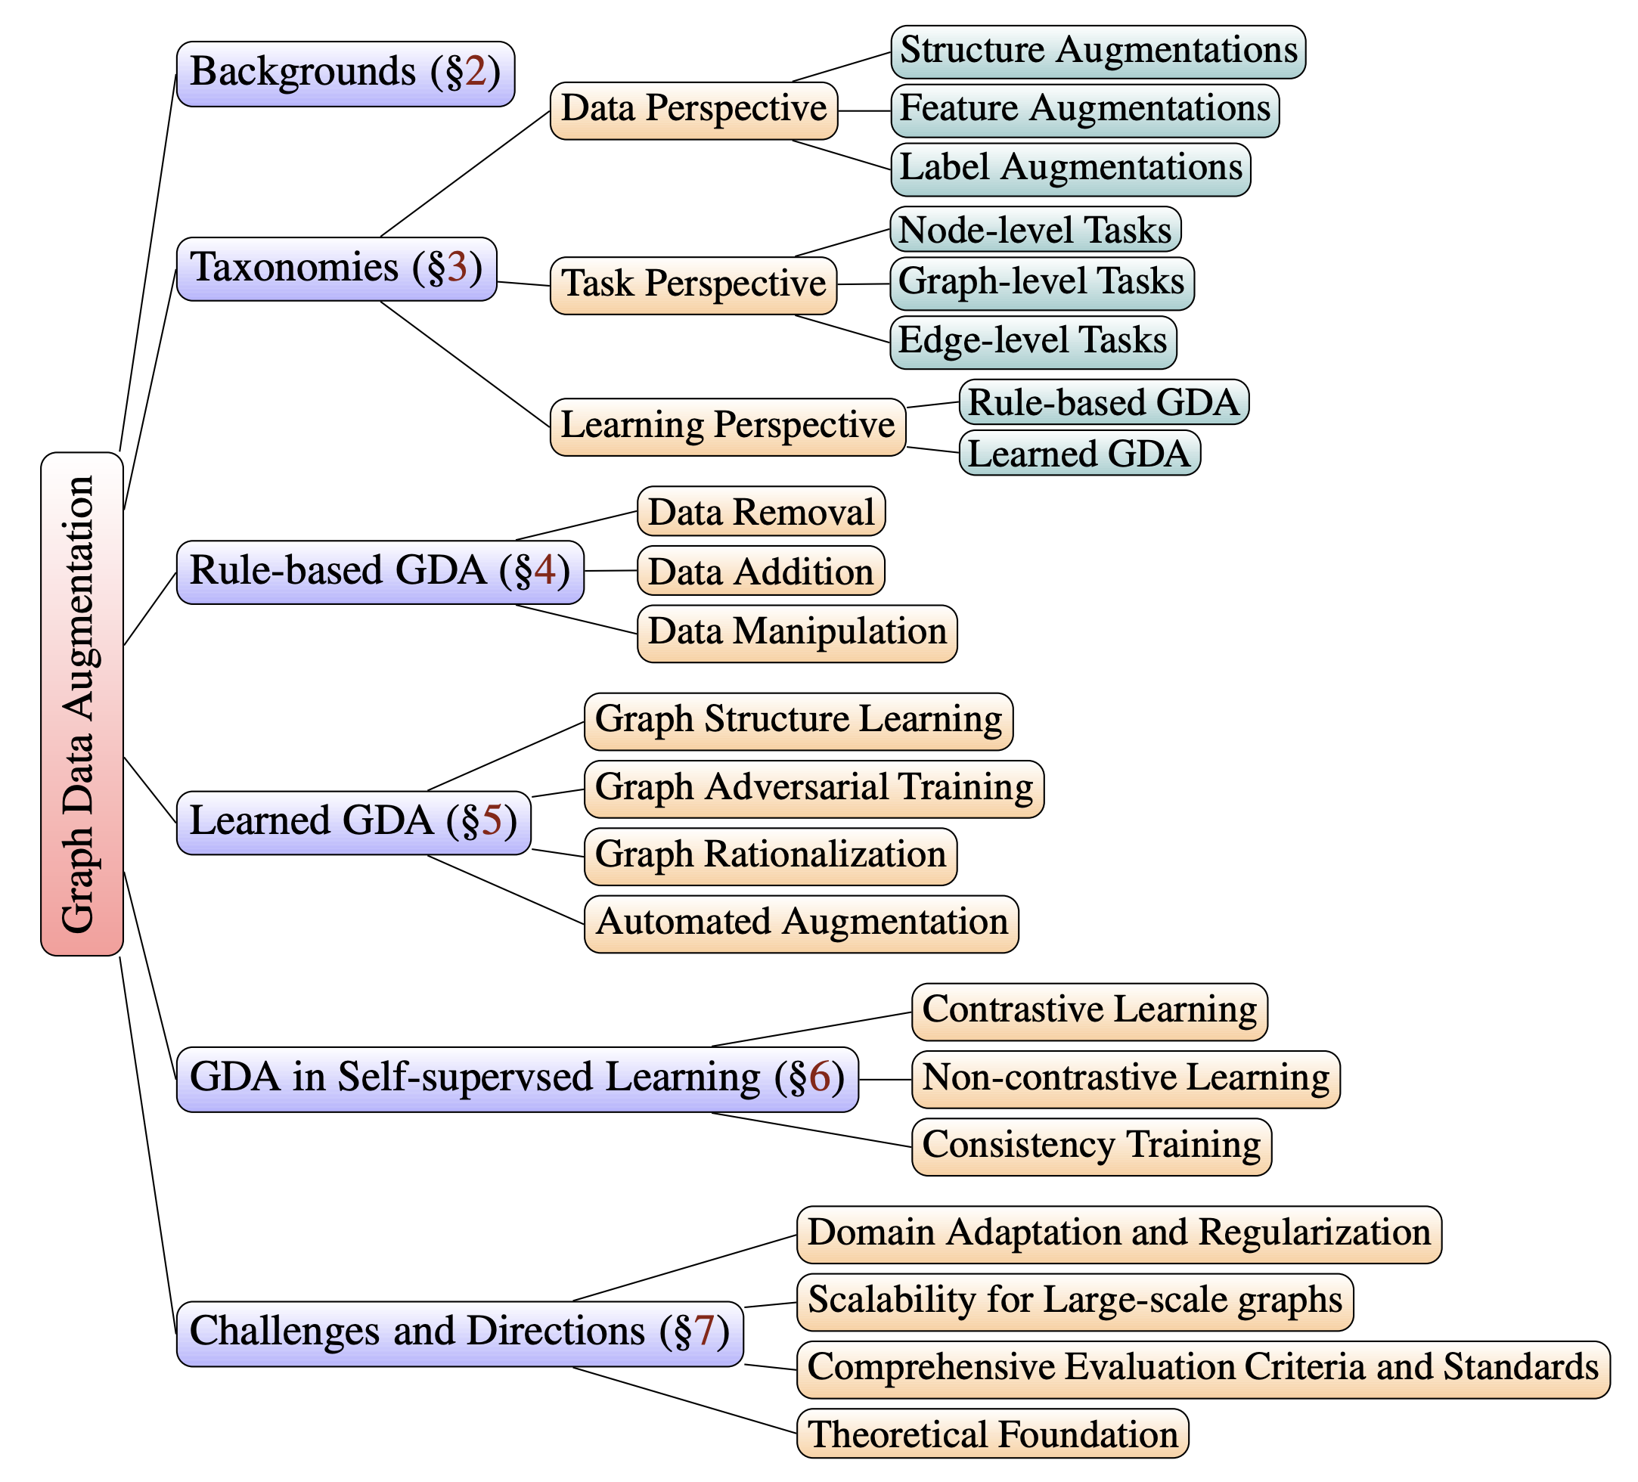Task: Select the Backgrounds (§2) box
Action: (346, 74)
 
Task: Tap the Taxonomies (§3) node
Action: (337, 269)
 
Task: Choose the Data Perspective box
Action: (694, 110)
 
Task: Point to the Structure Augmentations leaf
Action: (1098, 52)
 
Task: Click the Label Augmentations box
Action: (1070, 170)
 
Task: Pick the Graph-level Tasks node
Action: (1041, 284)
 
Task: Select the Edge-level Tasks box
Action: (1033, 342)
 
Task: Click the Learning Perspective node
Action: (727, 426)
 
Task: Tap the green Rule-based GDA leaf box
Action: (1103, 402)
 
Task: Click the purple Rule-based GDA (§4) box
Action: (380, 572)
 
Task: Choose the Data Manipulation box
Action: (796, 634)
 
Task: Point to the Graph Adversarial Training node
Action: (813, 789)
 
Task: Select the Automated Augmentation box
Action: (801, 924)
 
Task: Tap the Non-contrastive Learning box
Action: (1125, 1080)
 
